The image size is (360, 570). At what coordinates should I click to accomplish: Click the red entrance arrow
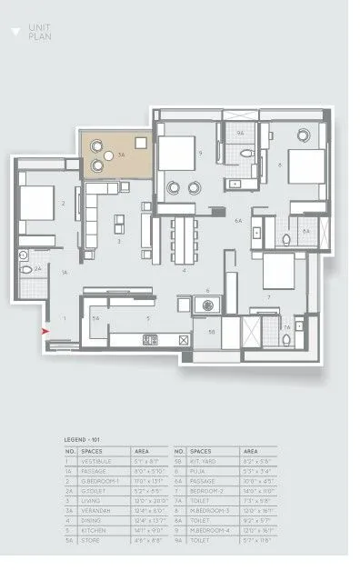[44, 333]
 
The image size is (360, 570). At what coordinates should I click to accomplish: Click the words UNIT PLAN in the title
[38, 33]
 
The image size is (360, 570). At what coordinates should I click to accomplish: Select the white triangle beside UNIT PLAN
[15, 31]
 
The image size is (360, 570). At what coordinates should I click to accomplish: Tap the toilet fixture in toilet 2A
[25, 270]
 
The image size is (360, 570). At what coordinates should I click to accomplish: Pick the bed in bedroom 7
[278, 269]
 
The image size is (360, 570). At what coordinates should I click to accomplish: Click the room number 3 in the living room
[118, 242]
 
